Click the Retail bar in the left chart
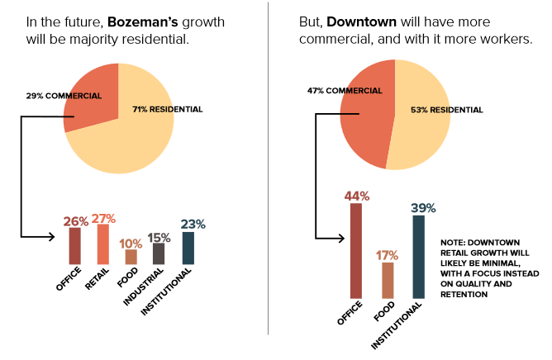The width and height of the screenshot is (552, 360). point(103,244)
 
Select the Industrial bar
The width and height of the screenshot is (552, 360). point(159,253)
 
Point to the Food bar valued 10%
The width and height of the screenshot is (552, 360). point(131,257)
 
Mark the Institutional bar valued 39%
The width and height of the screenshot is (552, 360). point(418,256)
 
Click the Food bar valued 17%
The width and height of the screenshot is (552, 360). point(388,280)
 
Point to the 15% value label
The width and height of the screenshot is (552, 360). point(160,236)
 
